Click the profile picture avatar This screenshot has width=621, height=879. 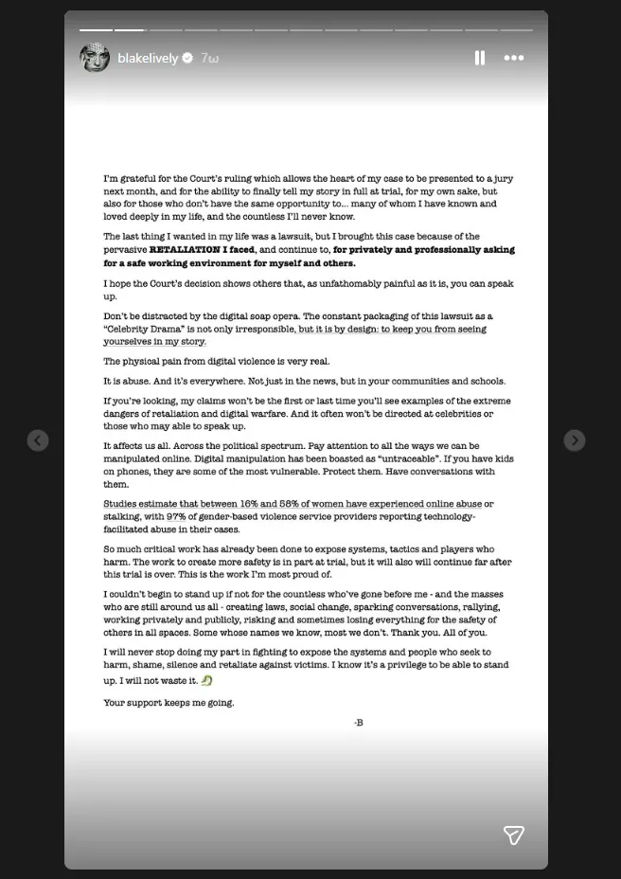[x=95, y=58]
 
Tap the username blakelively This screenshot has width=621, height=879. [x=148, y=59]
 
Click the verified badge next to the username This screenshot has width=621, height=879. [x=187, y=59]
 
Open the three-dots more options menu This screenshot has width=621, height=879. [x=513, y=58]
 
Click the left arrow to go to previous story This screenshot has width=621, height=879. [x=38, y=440]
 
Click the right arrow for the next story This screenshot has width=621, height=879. [x=575, y=440]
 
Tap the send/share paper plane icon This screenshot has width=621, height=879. [x=513, y=834]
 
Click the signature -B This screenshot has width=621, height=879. [x=359, y=723]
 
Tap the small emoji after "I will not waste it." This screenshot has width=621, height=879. [x=207, y=680]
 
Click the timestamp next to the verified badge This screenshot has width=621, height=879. [x=210, y=59]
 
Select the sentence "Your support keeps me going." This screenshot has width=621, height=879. [x=169, y=702]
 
